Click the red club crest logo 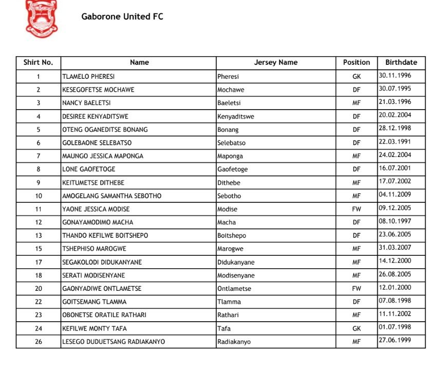point(42,19)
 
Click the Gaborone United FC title point(122,16)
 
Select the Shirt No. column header point(38,62)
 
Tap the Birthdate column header point(401,62)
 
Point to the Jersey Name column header point(275,62)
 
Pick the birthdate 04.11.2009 point(395,195)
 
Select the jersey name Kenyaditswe point(235,116)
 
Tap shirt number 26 point(39,341)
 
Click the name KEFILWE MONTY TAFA point(95,328)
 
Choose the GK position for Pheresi point(356,76)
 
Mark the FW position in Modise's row point(356,209)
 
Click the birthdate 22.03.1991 point(395,142)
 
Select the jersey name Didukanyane point(235,262)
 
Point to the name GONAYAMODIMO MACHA point(98,222)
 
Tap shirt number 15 point(39,249)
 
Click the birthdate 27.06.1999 point(395,340)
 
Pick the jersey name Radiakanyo point(234,341)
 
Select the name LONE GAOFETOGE point(89,169)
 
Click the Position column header point(356,62)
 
